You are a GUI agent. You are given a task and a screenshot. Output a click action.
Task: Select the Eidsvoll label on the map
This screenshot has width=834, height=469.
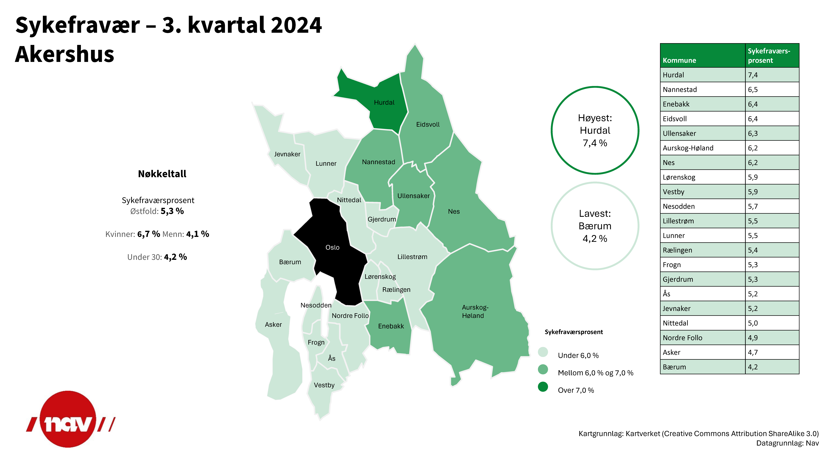[x=428, y=125]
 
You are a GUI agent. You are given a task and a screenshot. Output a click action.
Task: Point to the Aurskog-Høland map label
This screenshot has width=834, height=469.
[x=475, y=311]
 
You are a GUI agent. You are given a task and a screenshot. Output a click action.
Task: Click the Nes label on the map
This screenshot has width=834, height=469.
[x=454, y=212]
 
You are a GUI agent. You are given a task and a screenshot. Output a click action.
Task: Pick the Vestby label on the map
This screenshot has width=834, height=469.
[x=324, y=385]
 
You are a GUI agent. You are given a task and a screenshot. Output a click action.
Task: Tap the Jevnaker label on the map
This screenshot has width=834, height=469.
[x=287, y=154]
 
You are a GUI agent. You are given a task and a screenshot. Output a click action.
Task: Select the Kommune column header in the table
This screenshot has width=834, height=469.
[x=679, y=61]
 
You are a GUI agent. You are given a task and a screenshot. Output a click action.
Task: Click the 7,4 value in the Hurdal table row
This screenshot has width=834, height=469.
[x=753, y=75]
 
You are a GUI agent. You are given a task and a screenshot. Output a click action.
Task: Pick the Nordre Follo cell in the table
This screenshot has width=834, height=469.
[x=683, y=338]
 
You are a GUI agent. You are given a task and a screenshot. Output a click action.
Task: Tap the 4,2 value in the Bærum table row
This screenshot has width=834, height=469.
[x=753, y=367]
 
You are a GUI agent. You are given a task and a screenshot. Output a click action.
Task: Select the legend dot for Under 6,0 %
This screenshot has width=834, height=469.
[x=543, y=352]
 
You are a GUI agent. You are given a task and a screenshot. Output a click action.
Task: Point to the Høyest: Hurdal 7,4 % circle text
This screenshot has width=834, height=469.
[x=595, y=130]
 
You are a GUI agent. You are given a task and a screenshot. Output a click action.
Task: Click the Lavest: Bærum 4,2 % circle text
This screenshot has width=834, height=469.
[x=595, y=226]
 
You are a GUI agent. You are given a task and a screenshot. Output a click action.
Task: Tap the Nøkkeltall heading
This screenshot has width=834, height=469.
[x=162, y=174]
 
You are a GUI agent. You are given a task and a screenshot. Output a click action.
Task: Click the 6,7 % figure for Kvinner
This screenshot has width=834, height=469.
[x=149, y=234]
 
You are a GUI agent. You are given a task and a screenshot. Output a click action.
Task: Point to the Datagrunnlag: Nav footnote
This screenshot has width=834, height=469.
[x=787, y=443]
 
